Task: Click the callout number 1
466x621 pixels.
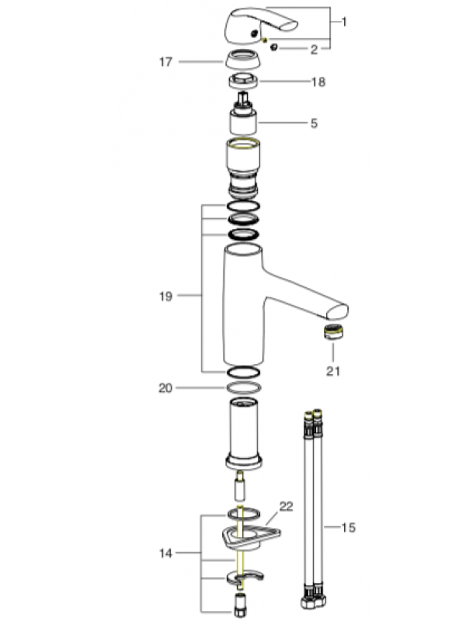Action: coord(344,22)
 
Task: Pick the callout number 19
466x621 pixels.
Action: coord(164,295)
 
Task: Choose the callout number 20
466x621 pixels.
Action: coord(164,387)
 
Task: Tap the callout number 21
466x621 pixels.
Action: coord(333,370)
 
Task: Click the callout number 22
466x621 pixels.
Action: coord(287,506)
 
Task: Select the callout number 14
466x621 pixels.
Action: coord(164,553)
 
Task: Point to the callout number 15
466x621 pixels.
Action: coord(349,528)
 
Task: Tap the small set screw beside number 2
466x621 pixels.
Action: coord(273,48)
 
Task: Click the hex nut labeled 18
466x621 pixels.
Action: coord(242,82)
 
